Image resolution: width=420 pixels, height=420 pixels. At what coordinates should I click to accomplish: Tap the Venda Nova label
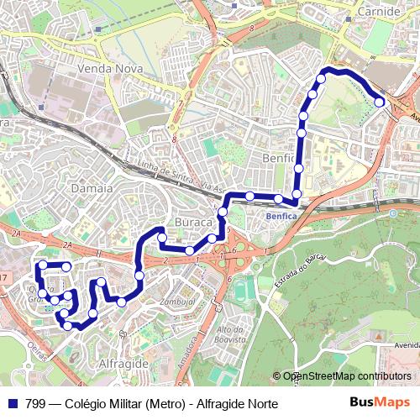click(x=106, y=68)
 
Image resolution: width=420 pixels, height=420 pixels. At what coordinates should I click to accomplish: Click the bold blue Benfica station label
click(x=281, y=216)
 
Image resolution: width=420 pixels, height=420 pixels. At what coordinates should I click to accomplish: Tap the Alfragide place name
click(x=123, y=362)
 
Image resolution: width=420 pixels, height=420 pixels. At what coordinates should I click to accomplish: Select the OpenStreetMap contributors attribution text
click(x=347, y=376)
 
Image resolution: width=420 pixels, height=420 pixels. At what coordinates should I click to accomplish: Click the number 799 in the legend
click(x=34, y=404)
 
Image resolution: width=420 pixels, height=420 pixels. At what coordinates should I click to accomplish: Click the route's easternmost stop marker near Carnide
click(x=379, y=102)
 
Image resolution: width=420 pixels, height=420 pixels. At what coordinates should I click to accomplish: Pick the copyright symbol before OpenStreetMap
click(x=277, y=376)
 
